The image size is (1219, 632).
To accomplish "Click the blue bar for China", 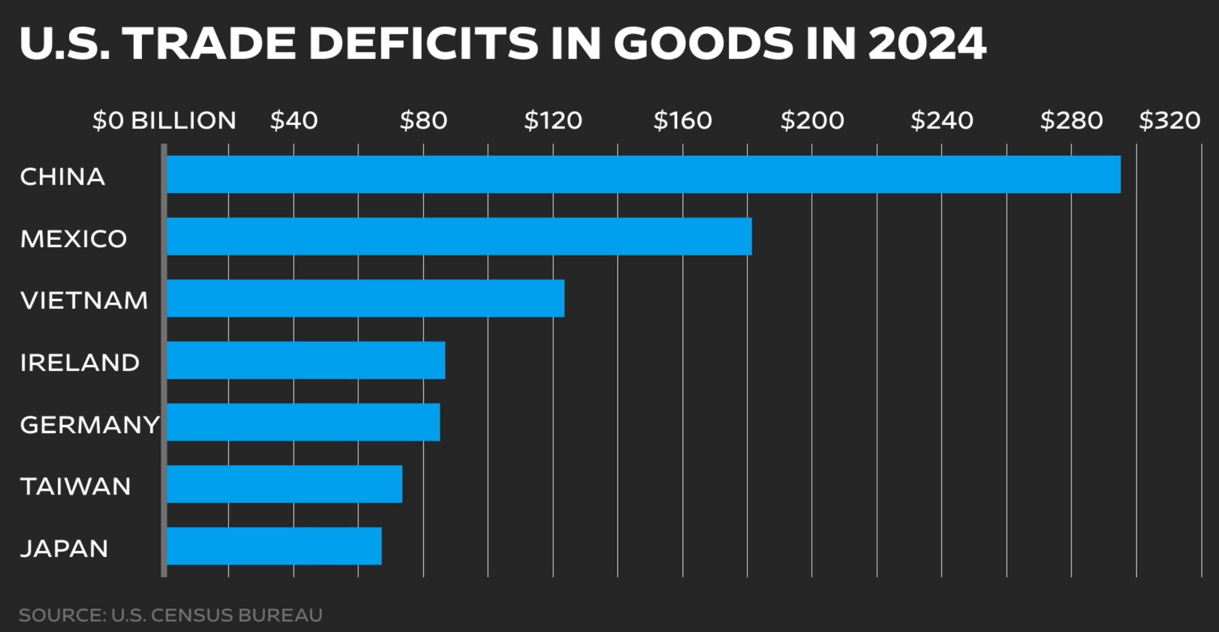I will click(x=643, y=174).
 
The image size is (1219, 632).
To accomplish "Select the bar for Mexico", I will click(x=459, y=236).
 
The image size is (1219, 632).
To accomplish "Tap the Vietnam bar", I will click(x=365, y=298).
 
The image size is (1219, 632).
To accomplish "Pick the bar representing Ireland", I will click(x=306, y=360).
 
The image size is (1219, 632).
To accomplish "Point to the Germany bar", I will click(x=303, y=422).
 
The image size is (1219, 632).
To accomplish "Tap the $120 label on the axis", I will click(x=553, y=121).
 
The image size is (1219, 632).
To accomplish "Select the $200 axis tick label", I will click(x=812, y=121).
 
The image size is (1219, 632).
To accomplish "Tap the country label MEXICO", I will click(x=73, y=239).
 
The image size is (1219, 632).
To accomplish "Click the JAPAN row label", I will click(x=64, y=549).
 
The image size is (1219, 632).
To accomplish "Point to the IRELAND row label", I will click(x=79, y=363).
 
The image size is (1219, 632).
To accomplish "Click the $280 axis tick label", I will click(x=1071, y=121).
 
